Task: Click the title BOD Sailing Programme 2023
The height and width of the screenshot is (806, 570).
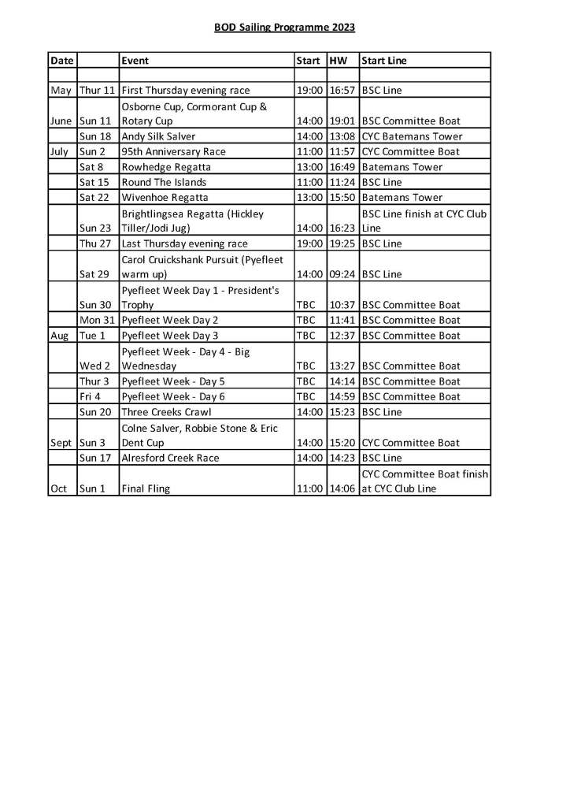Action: pos(284,28)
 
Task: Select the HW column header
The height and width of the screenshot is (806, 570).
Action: pos(338,61)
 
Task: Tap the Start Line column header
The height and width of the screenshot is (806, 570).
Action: pos(384,61)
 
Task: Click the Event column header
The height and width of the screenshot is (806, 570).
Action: pos(135,61)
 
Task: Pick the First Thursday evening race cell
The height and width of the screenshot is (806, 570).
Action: pos(185,91)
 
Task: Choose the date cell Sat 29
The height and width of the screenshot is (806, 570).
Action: pos(94,274)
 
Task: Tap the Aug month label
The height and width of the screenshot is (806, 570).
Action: pos(61,336)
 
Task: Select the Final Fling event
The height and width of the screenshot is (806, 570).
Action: pos(146,488)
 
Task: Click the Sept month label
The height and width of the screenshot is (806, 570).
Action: pos(61,443)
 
